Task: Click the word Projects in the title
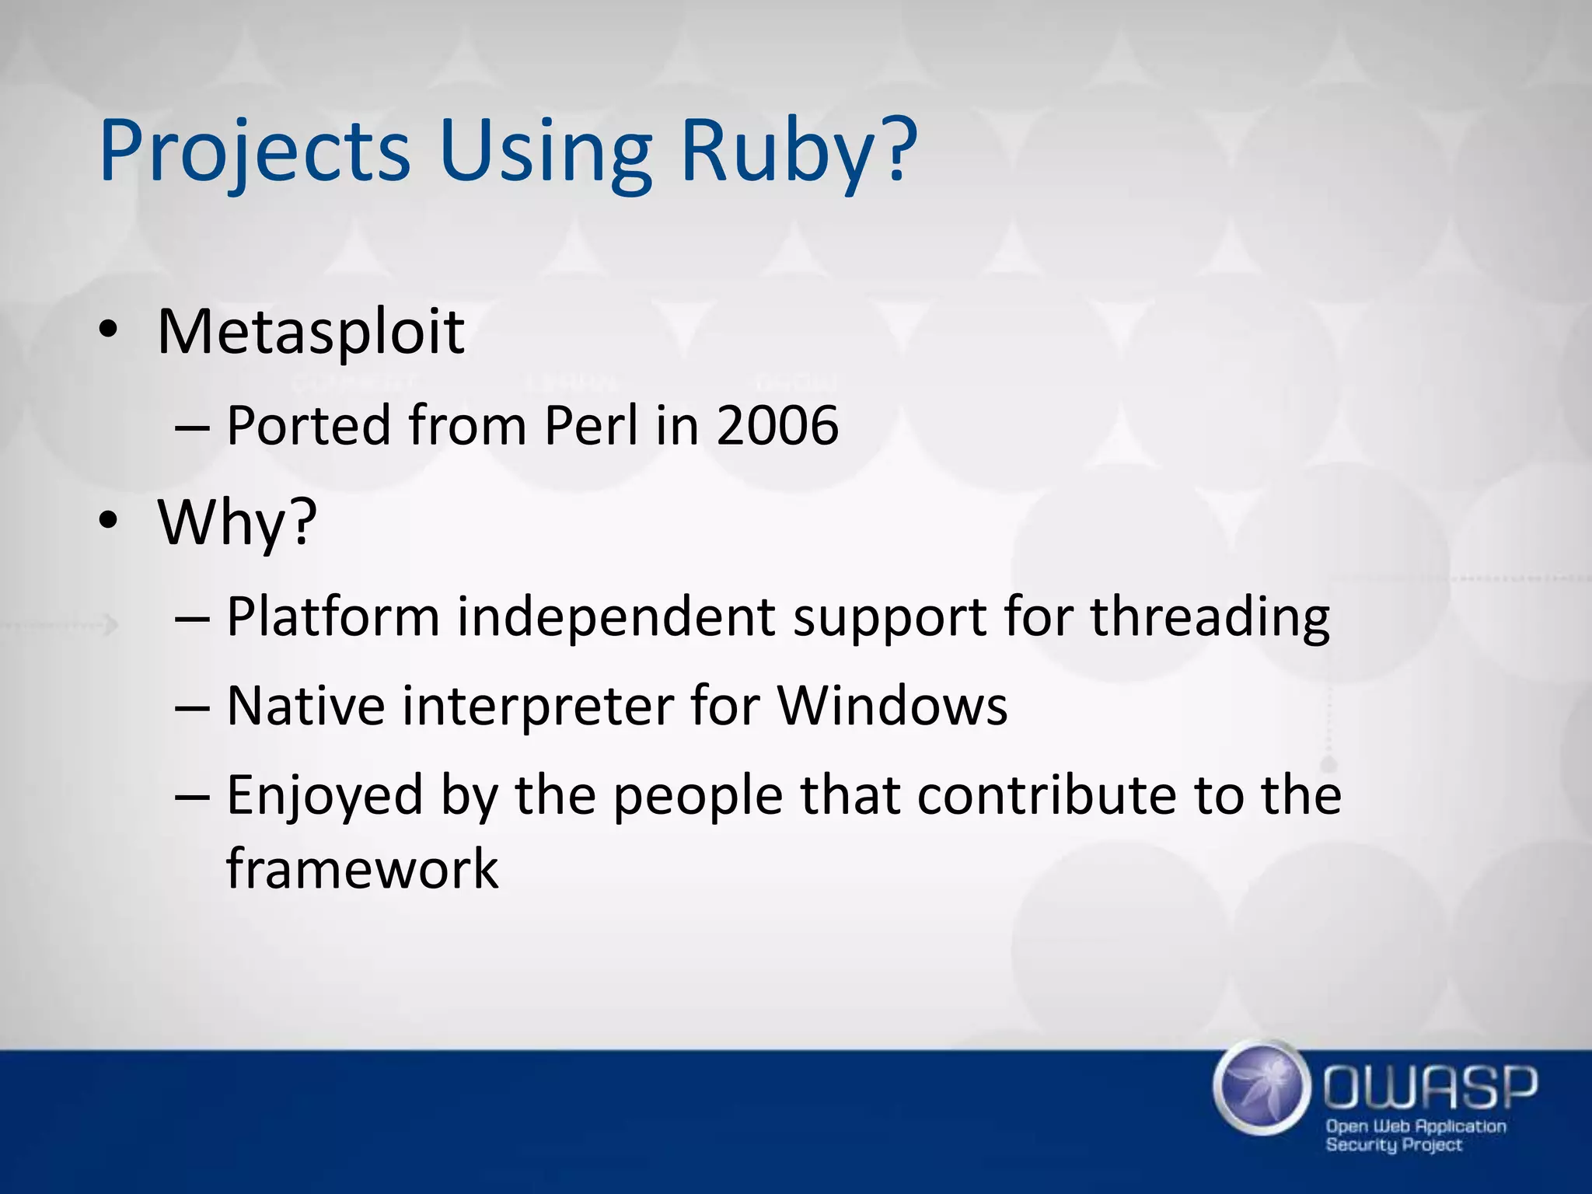pos(254,152)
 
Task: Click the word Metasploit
pos(311,333)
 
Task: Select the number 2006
pos(777,426)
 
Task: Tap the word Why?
pos(238,522)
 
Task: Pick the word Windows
pos(892,707)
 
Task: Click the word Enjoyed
pos(325,796)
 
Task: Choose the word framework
pos(362,869)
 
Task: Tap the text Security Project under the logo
pos(1393,1144)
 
